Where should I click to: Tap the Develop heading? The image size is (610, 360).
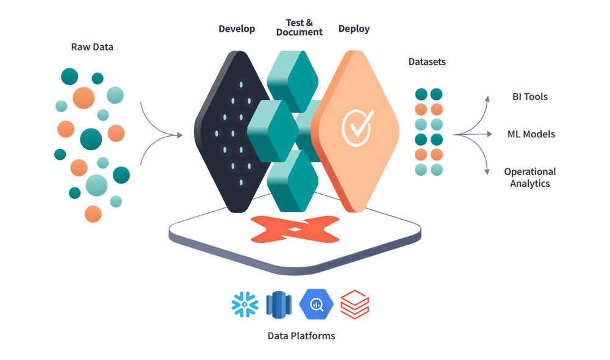pos(237,29)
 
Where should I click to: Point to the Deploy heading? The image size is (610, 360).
pos(354,29)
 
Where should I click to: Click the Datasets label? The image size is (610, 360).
pos(428,62)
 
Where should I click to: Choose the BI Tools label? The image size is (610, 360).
pos(529,96)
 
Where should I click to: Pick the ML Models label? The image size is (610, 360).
pos(532,134)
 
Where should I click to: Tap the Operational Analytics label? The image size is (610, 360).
pos(529,177)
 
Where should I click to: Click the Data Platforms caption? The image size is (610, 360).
pos(301,335)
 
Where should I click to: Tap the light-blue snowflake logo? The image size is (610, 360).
pos(243,303)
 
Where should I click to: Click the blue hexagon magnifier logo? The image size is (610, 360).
pos(316,303)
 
